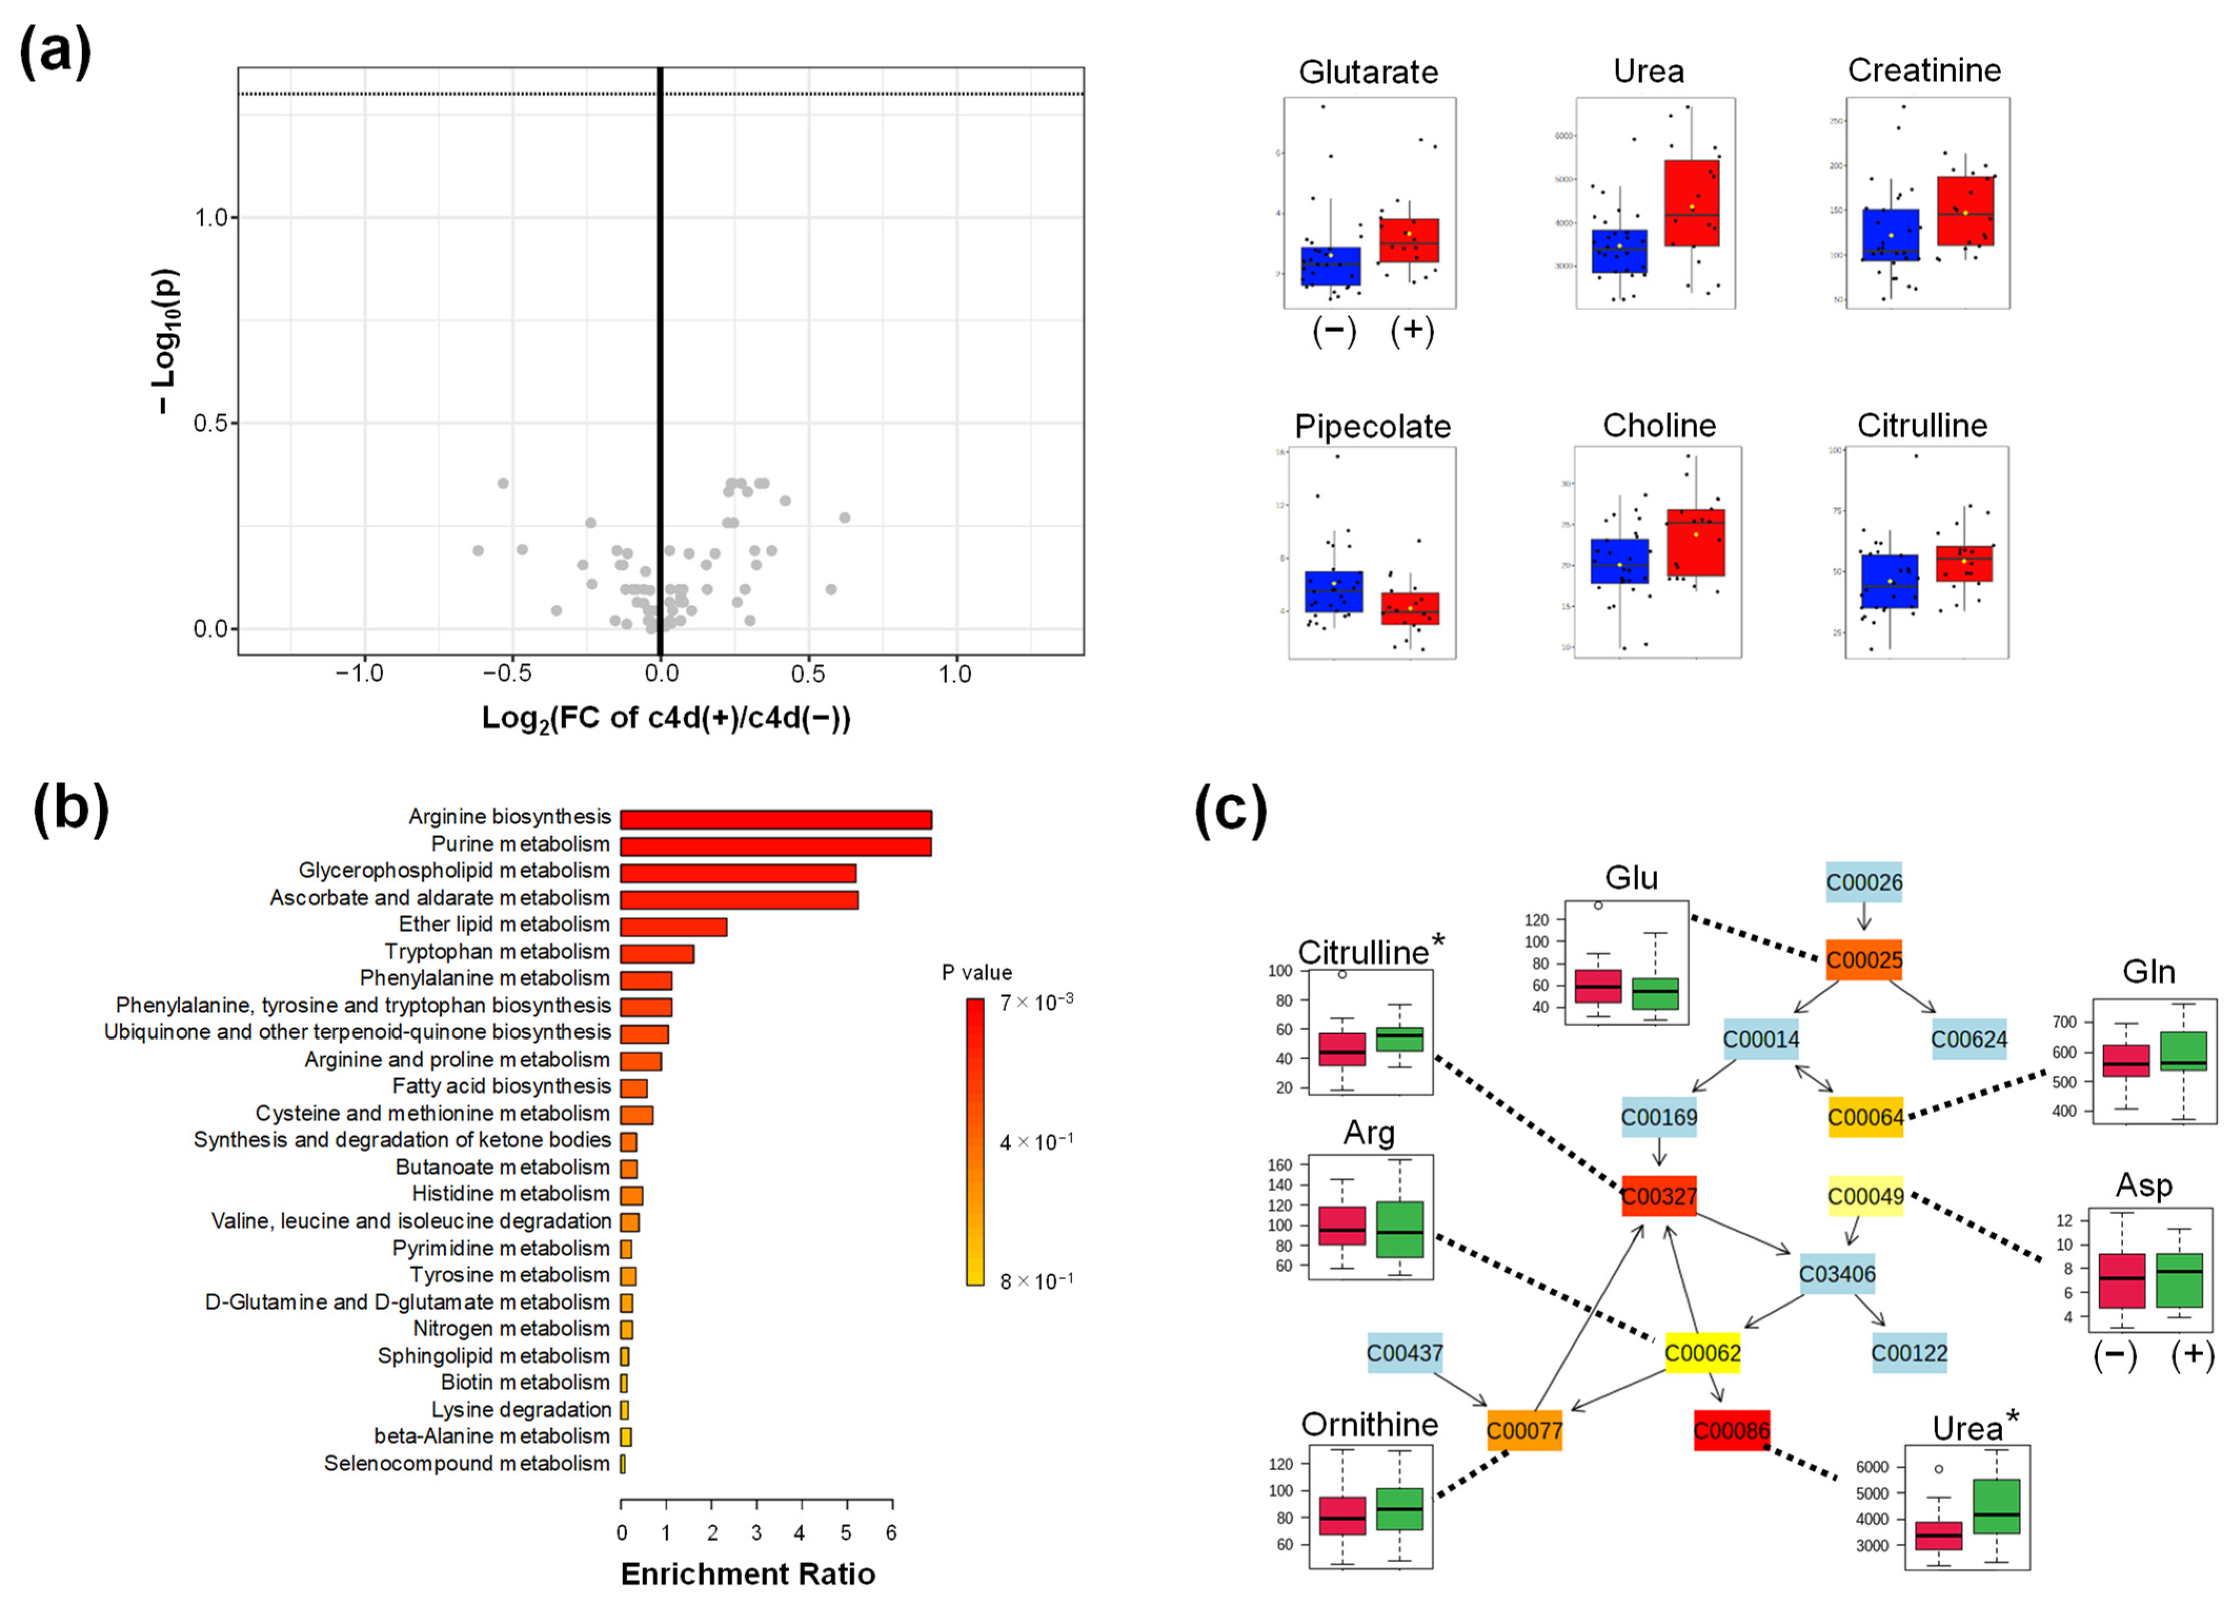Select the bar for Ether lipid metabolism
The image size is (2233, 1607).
674,926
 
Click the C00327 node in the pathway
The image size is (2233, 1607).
1659,1196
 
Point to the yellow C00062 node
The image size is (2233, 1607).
1702,1353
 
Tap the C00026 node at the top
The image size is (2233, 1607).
1864,882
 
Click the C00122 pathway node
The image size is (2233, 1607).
1909,1353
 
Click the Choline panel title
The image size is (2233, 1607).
1659,426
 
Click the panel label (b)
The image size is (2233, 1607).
71,810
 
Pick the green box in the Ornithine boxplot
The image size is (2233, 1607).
1399,1509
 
